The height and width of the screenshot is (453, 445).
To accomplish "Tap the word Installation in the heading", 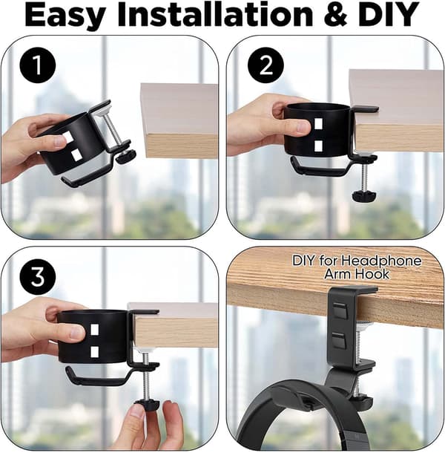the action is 215,14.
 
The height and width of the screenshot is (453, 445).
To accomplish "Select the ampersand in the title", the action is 335,15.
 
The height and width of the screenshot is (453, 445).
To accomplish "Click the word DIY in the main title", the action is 388,15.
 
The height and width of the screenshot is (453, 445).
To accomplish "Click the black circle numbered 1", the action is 38,65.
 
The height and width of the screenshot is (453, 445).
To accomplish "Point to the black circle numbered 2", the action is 266,65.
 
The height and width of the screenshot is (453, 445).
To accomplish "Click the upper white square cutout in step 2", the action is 318,124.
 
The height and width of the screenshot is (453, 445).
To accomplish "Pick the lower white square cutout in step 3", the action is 95,351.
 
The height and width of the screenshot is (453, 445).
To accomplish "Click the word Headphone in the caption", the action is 381,261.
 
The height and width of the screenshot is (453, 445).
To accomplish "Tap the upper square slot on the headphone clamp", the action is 340,310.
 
